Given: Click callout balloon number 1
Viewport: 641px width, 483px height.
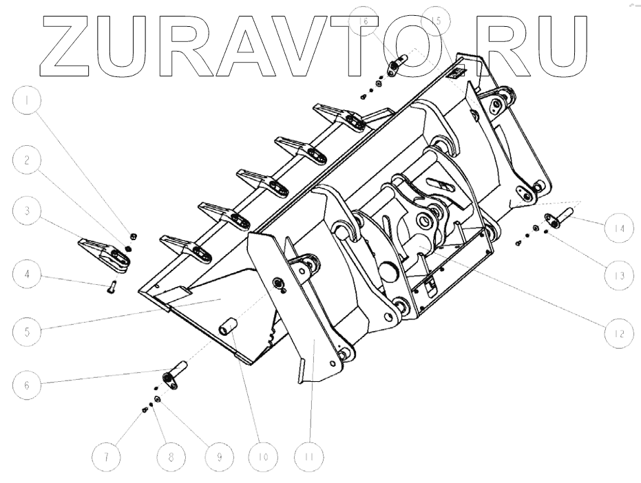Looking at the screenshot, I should [x=27, y=102].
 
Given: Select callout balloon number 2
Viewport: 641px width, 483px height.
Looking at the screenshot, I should [x=27, y=161].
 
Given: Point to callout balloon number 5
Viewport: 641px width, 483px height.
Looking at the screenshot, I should [x=27, y=330].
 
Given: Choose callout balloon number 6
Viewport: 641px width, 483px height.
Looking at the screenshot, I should [x=27, y=385].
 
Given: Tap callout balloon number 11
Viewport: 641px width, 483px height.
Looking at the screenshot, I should [x=310, y=456].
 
